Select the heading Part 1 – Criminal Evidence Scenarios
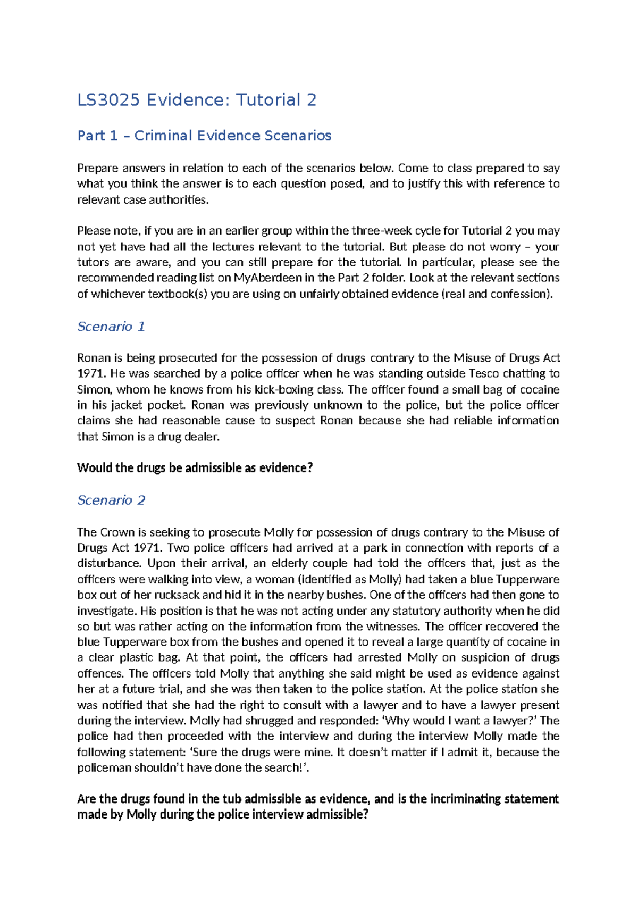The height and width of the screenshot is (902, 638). [204, 136]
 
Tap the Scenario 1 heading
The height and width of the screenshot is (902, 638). [111, 326]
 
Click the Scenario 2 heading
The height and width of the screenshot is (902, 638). [111, 500]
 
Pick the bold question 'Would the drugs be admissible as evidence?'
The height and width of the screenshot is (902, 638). [195, 468]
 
